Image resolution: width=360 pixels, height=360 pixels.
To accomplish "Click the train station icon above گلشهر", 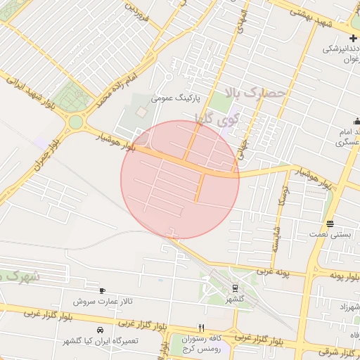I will [234, 287].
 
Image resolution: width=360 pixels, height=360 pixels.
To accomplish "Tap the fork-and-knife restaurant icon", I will [202, 328].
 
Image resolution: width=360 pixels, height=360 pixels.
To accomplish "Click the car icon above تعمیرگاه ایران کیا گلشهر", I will [100, 330].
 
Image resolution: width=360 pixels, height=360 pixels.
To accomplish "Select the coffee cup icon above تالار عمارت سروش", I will [102, 290].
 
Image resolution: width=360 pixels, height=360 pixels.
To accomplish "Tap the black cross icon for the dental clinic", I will [352, 38].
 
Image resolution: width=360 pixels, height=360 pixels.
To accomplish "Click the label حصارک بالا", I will [257, 92].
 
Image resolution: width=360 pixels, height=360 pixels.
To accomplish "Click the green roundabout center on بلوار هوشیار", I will [75, 122].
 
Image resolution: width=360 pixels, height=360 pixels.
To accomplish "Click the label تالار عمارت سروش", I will [103, 301].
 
